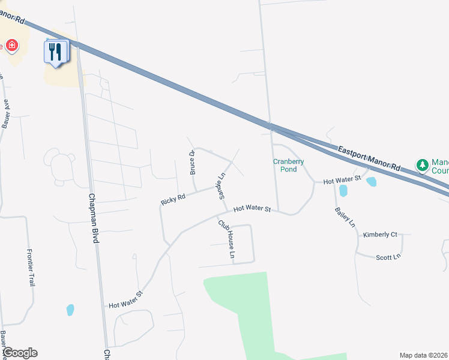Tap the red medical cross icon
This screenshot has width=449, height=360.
pos(11,46)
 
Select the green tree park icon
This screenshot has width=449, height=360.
pos(423,164)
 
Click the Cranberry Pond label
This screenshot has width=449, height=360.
pos(289,165)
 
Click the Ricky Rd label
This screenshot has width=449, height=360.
pos(173,199)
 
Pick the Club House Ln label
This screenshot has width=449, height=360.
pos(226,239)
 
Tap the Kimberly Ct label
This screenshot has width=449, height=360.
pos(380,235)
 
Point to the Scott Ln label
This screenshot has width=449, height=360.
pos(388,257)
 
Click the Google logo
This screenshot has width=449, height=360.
pos(19,353)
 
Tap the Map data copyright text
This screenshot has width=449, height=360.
pos(423,355)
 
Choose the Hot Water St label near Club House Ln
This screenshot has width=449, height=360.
pos(253,209)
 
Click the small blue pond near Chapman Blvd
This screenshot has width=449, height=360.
pos(70,310)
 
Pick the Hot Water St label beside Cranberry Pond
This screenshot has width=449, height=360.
pos(342,180)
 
